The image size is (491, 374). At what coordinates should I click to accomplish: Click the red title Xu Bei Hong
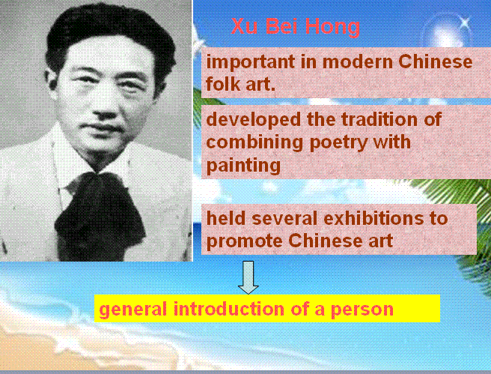click(296, 26)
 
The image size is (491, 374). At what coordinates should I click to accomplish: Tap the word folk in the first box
click(223, 84)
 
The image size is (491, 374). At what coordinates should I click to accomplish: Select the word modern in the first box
click(358, 61)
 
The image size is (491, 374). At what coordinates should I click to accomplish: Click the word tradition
click(379, 119)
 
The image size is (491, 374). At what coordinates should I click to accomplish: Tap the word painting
click(243, 166)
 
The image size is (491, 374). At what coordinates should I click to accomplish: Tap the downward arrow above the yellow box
click(248, 277)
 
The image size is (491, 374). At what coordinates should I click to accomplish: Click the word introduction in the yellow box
click(229, 309)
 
